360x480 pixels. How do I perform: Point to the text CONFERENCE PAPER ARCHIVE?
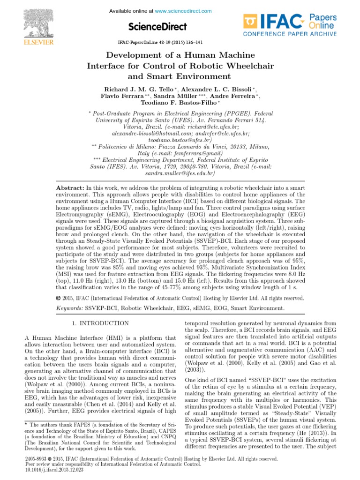coord(289,34)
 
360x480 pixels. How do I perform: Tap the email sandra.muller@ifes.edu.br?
coord(180,173)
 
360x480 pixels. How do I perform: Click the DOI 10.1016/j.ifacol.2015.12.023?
coord(41,469)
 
